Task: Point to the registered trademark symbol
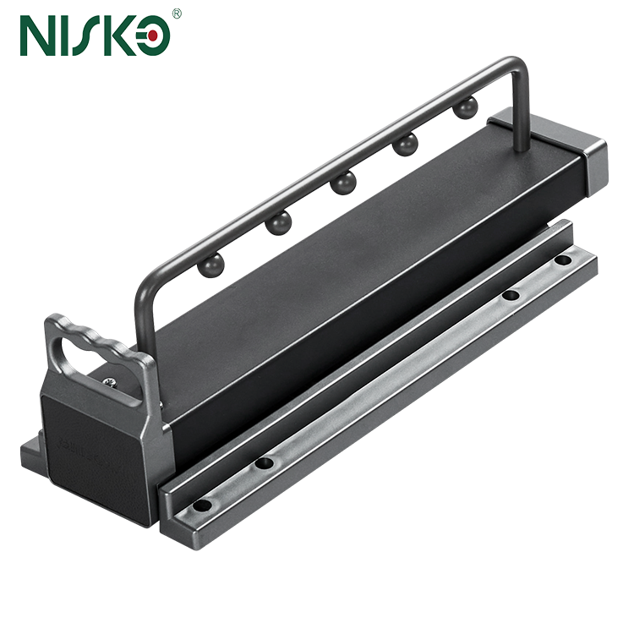[176, 14]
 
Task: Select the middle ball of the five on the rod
[342, 183]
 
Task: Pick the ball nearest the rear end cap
[464, 108]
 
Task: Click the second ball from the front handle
[277, 223]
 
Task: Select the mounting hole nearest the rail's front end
[201, 506]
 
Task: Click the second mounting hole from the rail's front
[265, 464]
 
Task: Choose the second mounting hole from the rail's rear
[511, 296]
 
